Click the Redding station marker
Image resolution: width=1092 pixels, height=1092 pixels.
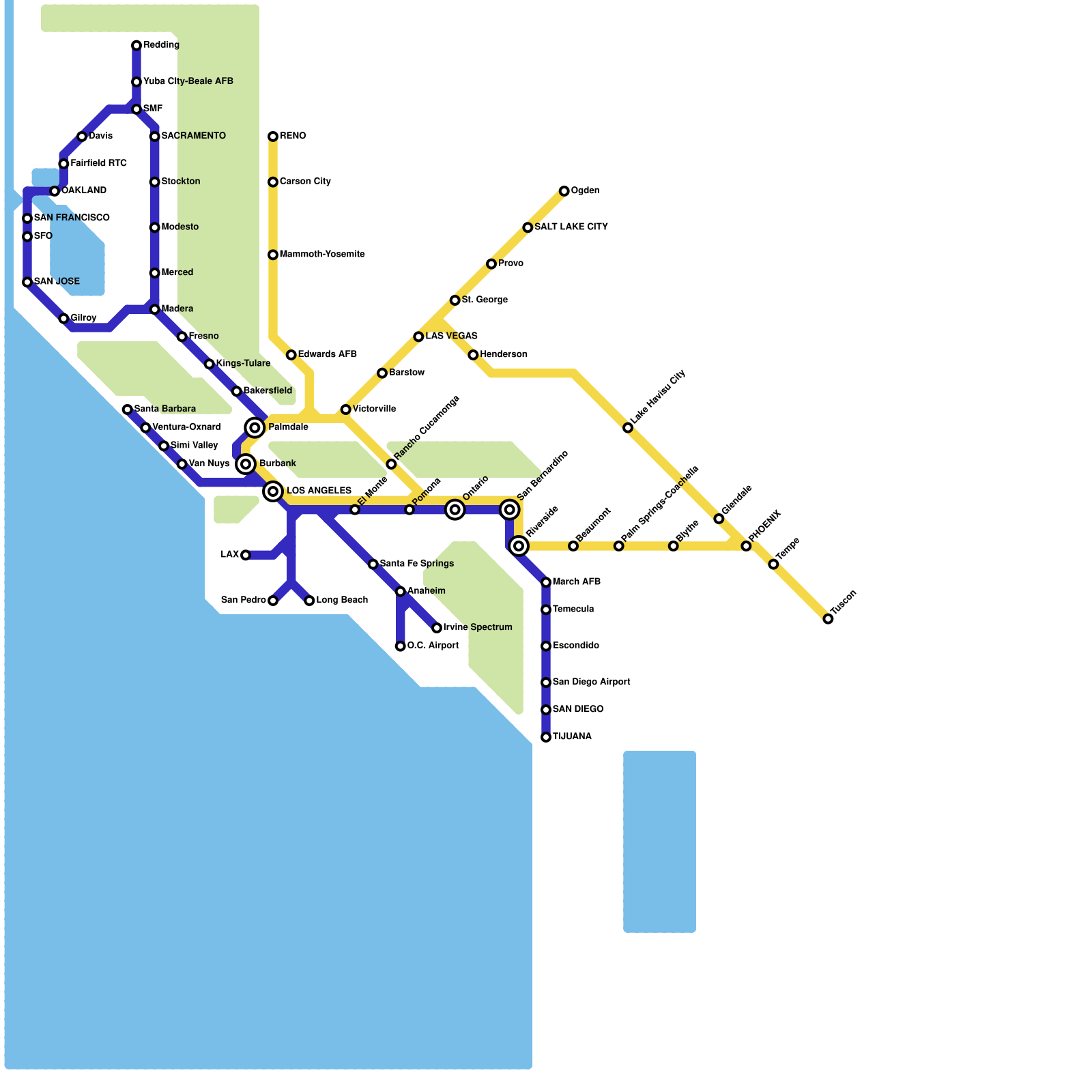136,46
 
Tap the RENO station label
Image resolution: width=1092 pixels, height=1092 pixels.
293,136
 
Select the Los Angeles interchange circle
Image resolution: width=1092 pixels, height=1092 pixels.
273,491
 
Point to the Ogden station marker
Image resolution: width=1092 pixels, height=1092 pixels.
564,191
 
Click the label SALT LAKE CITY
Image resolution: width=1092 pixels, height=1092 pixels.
571,227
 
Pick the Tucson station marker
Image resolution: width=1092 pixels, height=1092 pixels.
828,619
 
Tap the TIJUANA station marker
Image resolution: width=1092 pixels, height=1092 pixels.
546,737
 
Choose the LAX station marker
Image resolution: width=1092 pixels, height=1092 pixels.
246,555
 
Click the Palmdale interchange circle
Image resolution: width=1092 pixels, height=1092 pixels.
255,428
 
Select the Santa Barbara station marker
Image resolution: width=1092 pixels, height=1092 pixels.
128,409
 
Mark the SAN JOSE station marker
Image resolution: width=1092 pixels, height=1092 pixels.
27,282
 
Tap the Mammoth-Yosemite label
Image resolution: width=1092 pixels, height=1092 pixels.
322,255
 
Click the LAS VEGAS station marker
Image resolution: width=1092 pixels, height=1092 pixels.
418,336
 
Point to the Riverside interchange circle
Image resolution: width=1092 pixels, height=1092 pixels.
519,546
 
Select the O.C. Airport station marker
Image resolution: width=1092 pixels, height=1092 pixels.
401,646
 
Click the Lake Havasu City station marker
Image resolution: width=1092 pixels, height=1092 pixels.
628,428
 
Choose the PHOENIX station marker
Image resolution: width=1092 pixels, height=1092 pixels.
746,546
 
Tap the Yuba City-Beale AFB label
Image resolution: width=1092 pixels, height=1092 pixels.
188,82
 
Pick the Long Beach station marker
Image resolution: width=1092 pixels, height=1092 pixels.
309,601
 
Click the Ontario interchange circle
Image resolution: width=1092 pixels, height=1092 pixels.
455,510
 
